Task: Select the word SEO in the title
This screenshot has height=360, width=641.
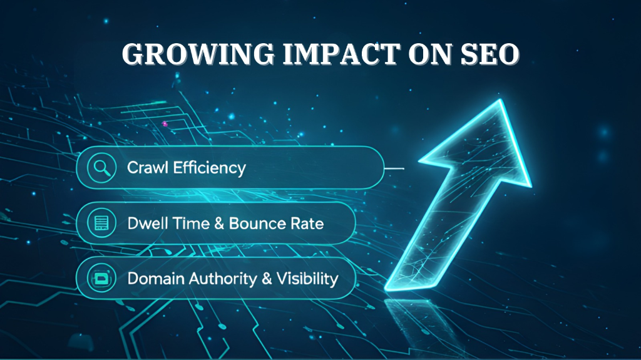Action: coord(488,55)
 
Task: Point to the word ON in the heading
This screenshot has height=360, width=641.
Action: coord(424,55)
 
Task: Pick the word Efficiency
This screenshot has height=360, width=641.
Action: coord(207,168)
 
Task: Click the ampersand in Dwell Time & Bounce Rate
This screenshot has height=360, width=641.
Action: coord(219,223)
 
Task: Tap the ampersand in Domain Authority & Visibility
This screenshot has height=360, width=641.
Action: coord(266,278)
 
